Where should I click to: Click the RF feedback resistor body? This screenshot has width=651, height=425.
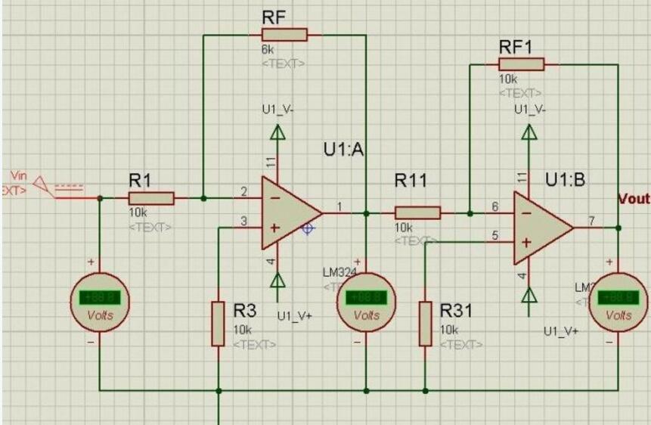pyautogui.click(x=284, y=34)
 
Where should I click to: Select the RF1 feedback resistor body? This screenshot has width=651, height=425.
pyautogui.click(x=521, y=64)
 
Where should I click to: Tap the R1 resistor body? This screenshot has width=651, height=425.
pyautogui.click(x=151, y=198)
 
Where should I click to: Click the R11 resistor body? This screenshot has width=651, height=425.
pyautogui.click(x=417, y=213)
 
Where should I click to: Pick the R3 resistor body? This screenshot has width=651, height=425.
pyautogui.click(x=218, y=323)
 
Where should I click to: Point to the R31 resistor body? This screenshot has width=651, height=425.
pyautogui.click(x=425, y=323)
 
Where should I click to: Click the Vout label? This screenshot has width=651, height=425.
pyautogui.click(x=634, y=198)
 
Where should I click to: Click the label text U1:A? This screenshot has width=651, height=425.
pyautogui.click(x=344, y=150)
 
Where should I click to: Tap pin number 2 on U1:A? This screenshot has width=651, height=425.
pyautogui.click(x=243, y=191)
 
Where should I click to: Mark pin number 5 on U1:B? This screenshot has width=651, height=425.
pyautogui.click(x=494, y=236)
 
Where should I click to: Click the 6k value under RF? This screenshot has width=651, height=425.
pyautogui.click(x=268, y=50)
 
